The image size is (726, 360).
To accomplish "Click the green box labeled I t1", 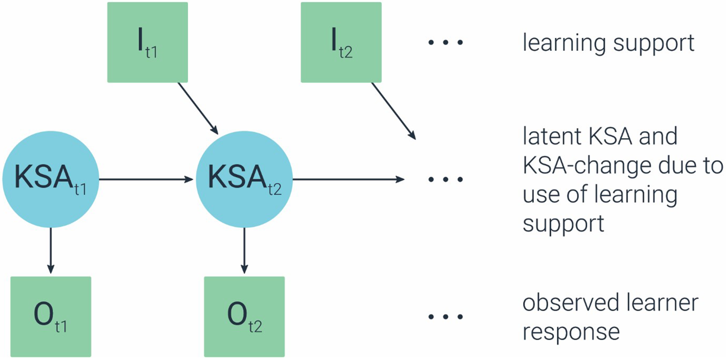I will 148,42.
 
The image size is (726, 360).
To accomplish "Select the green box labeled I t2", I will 341,42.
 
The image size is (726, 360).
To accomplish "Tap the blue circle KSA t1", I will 50,179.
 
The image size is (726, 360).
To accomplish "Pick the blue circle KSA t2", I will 244,179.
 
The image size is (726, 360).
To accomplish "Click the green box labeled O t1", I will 50,316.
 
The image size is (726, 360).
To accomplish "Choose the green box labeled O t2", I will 244,316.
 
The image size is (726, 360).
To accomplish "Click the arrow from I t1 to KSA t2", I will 198,108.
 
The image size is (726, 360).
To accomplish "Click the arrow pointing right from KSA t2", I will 348,180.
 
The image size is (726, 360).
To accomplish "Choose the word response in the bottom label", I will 571,332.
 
